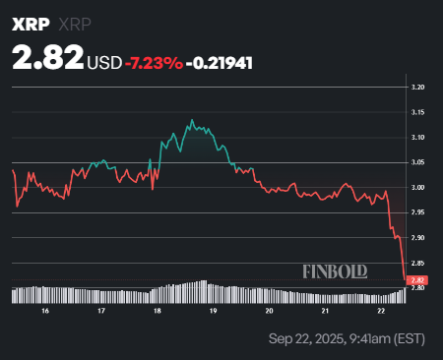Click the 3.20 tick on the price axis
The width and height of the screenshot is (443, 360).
pos(418,88)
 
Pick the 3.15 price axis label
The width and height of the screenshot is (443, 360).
pos(418,112)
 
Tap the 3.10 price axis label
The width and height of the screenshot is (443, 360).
pos(418,138)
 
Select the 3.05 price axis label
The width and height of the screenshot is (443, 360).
pos(418,162)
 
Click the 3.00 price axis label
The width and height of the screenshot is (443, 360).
pos(418,188)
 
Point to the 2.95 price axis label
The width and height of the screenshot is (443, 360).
pos(418,212)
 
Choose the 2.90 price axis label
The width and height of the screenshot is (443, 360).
pos(418,238)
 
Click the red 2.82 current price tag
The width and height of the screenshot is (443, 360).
pos(418,280)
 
